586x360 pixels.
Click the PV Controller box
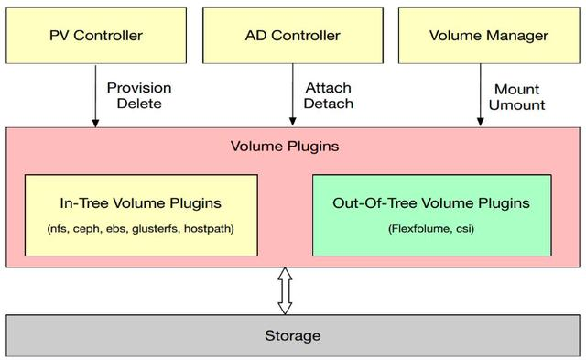click(96, 36)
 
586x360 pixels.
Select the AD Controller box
click(293, 36)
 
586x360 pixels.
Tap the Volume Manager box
click(489, 36)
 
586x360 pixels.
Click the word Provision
click(139, 88)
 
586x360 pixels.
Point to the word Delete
click(139, 104)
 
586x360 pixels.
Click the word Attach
click(329, 88)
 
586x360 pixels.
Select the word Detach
click(329, 104)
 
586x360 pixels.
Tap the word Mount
click(516, 90)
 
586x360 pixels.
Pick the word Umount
click(516, 105)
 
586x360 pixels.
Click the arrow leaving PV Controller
click(95, 95)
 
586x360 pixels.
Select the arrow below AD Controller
click(293, 94)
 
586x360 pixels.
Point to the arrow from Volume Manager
click(481, 94)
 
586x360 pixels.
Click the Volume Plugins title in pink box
click(285, 147)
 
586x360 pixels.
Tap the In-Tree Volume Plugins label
click(140, 203)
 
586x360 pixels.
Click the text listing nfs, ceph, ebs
click(140, 228)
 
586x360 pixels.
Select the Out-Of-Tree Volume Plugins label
click(431, 203)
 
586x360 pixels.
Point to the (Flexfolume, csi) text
click(431, 228)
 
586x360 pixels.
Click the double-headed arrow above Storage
click(285, 291)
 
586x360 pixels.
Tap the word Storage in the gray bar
click(293, 335)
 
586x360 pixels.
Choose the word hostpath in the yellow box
click(210, 228)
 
